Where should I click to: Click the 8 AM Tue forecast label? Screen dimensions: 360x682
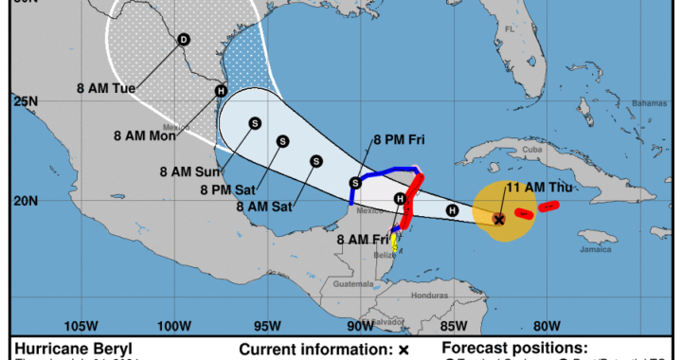[106, 88]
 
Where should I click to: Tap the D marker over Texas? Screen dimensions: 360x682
[183, 39]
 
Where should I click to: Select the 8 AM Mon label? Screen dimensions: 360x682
[151, 135]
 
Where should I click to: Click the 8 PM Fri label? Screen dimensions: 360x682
[397, 140]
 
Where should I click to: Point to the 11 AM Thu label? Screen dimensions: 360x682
[540, 187]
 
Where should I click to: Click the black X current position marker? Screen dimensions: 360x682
[499, 218]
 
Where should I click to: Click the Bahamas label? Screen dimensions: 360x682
[622, 103]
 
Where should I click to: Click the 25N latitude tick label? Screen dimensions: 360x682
[25, 99]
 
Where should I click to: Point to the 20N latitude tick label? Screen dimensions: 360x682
[25, 200]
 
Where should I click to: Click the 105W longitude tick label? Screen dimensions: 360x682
[83, 326]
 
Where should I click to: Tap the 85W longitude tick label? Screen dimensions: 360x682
[456, 326]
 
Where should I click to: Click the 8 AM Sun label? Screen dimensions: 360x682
[189, 171]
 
